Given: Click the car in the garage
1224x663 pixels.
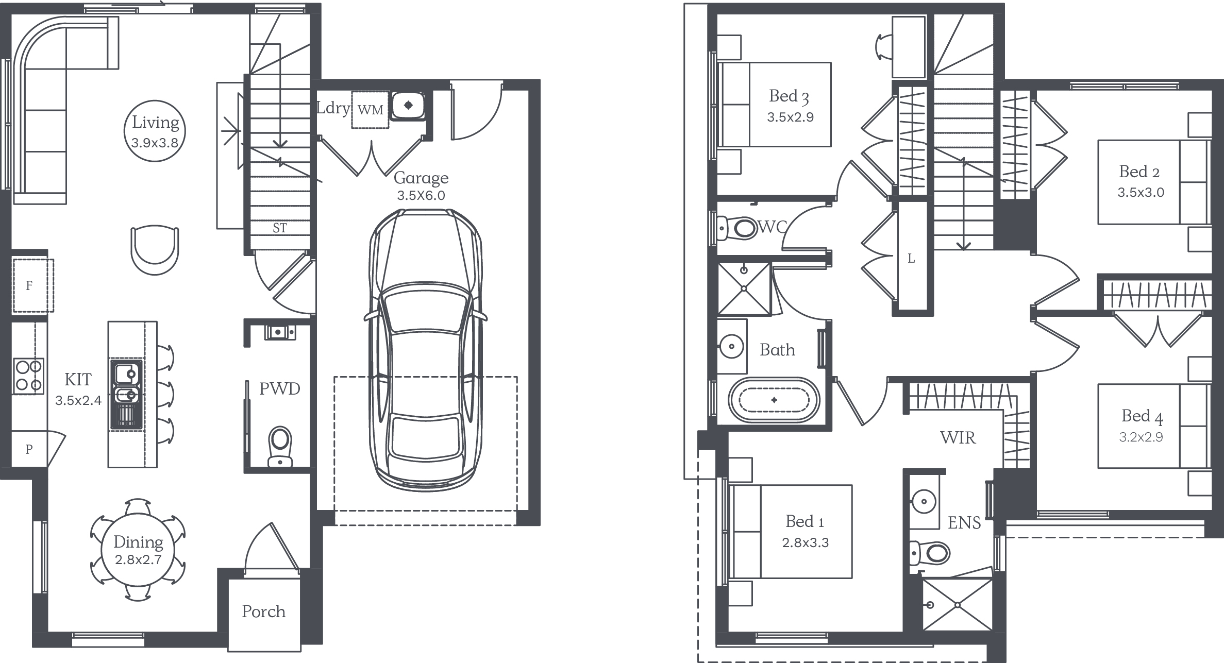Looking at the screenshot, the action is (x=426, y=350).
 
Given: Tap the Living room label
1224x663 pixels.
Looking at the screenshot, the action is (x=155, y=123).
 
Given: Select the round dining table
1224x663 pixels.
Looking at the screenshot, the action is (x=138, y=549).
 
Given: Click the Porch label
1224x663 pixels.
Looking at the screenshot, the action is (x=263, y=611).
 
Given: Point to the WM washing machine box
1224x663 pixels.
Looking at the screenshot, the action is (x=370, y=110).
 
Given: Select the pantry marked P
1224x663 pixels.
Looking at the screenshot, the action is (x=29, y=449).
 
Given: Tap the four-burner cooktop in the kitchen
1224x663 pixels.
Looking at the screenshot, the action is (x=29, y=376).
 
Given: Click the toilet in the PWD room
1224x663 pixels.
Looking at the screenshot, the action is (x=280, y=446).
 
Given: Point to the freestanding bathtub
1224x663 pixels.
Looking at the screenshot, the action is (x=774, y=400).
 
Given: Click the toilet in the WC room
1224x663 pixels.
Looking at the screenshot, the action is (x=737, y=227).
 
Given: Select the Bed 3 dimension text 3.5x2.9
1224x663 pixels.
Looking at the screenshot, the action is (x=790, y=117).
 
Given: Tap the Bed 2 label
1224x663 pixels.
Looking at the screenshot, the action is (x=1139, y=172).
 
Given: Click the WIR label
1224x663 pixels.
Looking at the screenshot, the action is (x=958, y=437).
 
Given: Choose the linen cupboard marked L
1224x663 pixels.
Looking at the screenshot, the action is (x=912, y=257).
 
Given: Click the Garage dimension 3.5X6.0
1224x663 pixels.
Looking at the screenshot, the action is (x=421, y=196).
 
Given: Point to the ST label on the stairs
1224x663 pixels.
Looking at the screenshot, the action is (x=279, y=228).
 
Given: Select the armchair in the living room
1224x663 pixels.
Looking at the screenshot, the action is (x=155, y=250).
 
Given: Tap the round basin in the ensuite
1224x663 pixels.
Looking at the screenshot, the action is (x=924, y=500).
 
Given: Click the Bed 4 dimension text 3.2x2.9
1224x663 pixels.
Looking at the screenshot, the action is (x=1141, y=437).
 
